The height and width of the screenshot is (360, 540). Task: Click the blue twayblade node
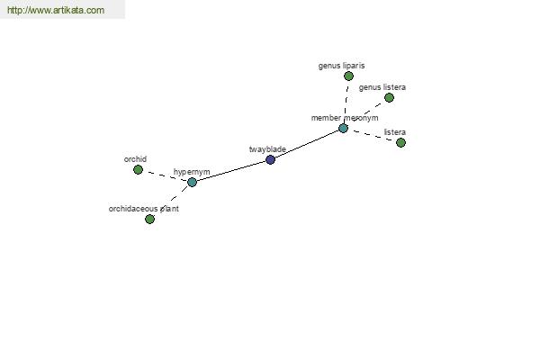click(270, 159)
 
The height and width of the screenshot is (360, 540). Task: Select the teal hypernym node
click(192, 182)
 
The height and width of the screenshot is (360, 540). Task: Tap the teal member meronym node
click(343, 128)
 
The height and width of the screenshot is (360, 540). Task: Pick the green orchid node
click(138, 169)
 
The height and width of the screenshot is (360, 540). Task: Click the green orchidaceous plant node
click(149, 219)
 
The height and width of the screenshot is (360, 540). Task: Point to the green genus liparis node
click(348, 76)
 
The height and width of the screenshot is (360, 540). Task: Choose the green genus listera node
click(389, 97)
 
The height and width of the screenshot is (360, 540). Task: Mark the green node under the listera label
click(400, 142)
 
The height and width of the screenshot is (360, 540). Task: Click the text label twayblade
click(267, 149)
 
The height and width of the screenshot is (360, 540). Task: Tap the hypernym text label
click(192, 172)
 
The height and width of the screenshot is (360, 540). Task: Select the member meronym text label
click(345, 118)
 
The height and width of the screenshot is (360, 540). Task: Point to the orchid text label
click(135, 159)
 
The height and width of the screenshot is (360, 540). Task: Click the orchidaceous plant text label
click(144, 209)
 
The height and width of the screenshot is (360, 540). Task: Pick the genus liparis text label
click(341, 66)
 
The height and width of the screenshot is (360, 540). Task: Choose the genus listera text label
click(382, 87)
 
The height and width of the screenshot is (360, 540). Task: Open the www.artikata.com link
click(56, 10)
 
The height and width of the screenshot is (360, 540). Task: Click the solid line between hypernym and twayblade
click(231, 170)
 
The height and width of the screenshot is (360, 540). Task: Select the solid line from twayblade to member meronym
click(307, 144)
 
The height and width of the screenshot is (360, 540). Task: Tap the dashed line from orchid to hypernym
click(165, 175)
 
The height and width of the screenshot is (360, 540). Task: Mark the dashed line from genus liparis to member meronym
click(346, 102)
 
